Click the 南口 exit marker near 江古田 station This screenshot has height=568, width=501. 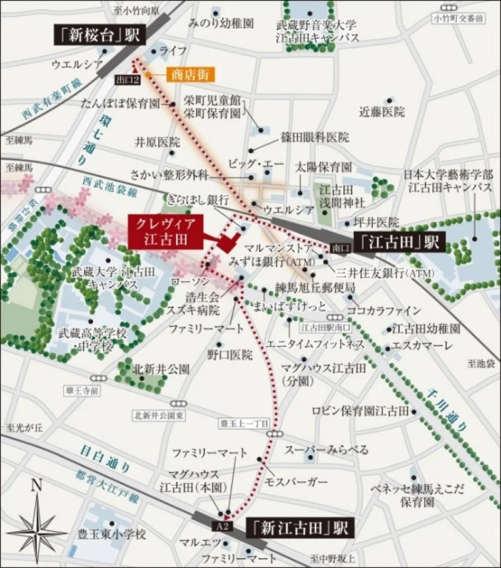[338, 247]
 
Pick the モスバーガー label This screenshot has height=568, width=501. [296, 481]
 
